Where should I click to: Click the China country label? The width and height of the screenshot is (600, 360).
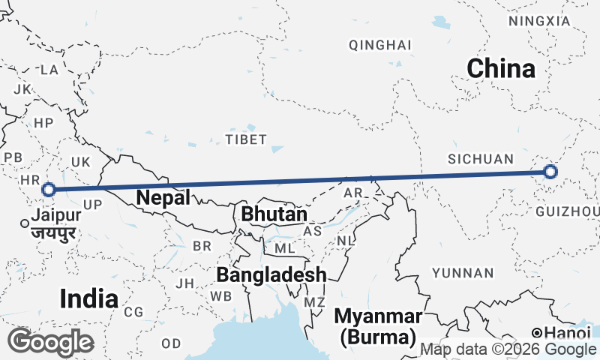pos(501,69)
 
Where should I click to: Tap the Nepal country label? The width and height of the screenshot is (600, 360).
pos(163,198)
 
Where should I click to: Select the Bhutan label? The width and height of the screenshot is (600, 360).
pos(274,214)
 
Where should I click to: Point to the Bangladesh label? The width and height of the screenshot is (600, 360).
pos(271,274)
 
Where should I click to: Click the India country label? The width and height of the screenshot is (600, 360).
pos(88,298)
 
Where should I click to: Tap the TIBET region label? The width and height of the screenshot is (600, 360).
pos(246,139)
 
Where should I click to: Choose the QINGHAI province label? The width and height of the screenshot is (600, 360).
pos(380,45)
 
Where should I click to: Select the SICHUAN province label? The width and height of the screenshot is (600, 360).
pos(481,159)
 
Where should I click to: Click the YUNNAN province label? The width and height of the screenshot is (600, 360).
pos(463,273)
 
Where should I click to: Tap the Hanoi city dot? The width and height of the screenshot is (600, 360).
pos(537,332)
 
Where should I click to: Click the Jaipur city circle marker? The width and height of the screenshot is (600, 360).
pos(25,223)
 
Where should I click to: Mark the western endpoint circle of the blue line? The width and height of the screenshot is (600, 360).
pos(49,190)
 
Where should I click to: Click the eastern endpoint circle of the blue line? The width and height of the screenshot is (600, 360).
pos(550,172)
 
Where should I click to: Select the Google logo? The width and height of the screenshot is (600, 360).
pos(49,342)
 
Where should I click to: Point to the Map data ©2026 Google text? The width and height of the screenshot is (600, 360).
pos(508,349)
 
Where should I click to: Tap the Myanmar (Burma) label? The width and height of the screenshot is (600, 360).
pos(378,325)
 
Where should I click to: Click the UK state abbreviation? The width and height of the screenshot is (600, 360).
pos(80,161)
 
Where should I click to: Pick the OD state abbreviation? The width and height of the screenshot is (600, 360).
pos(171,343)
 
